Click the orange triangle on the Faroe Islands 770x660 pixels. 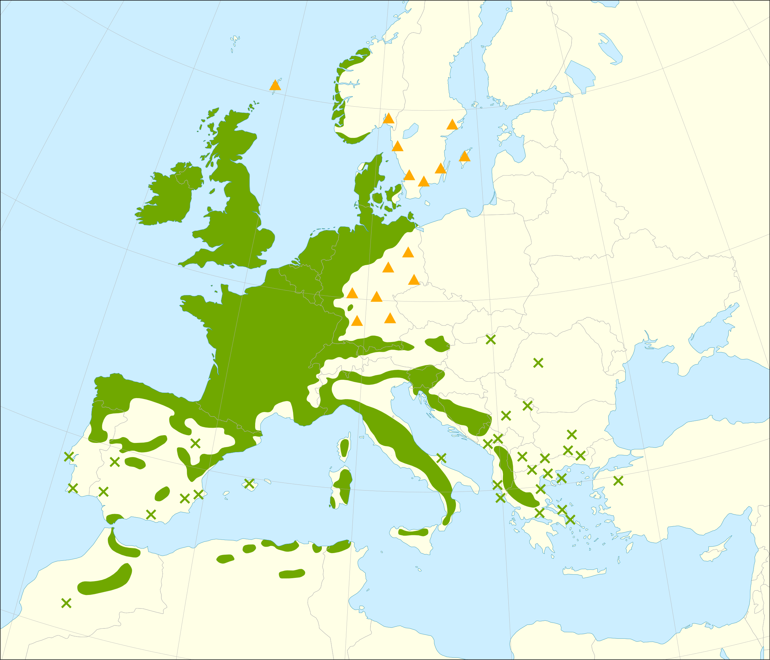[275, 85]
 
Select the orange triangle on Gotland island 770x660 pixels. [465, 157]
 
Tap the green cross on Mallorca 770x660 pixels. [249, 483]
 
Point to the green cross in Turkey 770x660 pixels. [618, 481]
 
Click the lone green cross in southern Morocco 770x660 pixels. [66, 603]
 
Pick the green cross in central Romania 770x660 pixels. [538, 363]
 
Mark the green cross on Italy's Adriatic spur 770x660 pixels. [441, 458]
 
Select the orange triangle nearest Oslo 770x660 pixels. [388, 119]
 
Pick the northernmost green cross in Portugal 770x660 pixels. [69, 457]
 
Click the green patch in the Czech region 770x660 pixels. [438, 344]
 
